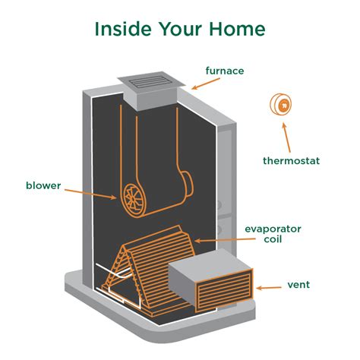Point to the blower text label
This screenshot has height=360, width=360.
[x=43, y=184]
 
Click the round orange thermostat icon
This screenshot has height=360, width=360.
[x=282, y=105]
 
